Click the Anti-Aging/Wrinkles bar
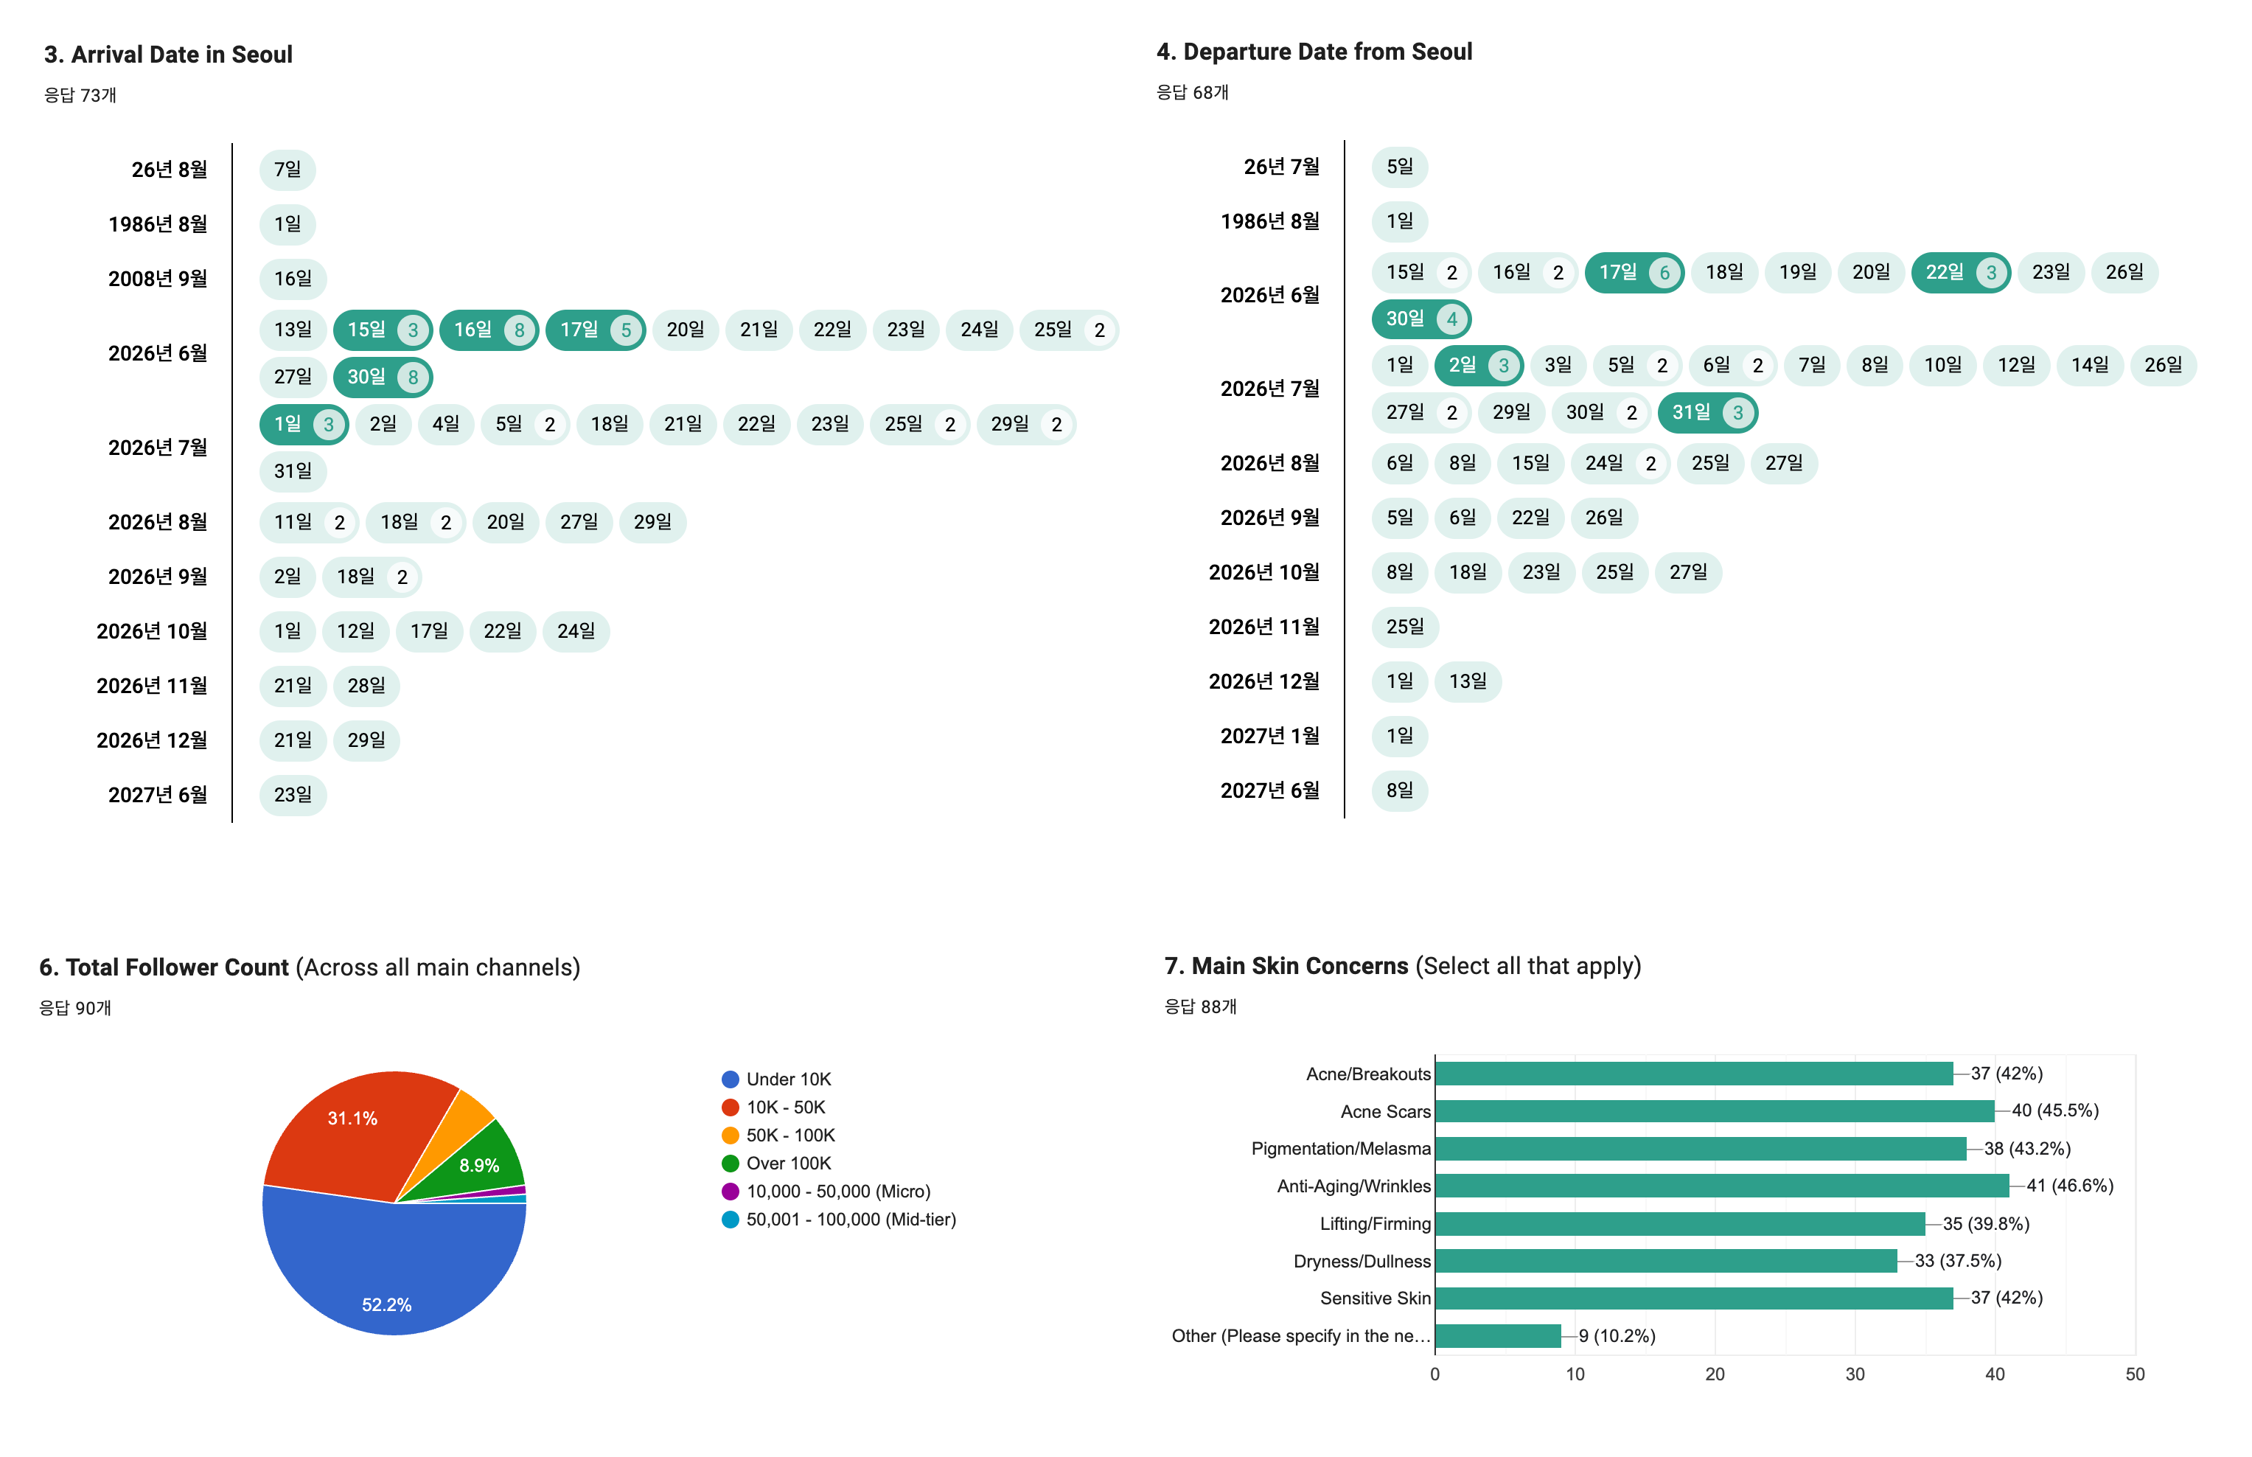tap(1721, 1186)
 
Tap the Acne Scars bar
tap(1714, 1110)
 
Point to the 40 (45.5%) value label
tap(2054, 1110)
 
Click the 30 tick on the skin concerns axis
tap(1855, 1374)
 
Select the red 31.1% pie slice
tap(355, 1136)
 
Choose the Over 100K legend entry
tap(775, 1163)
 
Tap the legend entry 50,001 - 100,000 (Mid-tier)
tap(839, 1220)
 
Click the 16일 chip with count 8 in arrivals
tap(489, 330)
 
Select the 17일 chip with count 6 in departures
tap(1634, 273)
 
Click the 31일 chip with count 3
tap(1707, 412)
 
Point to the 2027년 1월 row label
tap(1269, 736)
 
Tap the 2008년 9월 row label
tap(157, 278)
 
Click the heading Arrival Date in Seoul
tap(168, 55)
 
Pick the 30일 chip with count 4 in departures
tap(1420, 319)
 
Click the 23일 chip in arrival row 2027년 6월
tap(292, 795)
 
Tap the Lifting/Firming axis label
tap(1376, 1223)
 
